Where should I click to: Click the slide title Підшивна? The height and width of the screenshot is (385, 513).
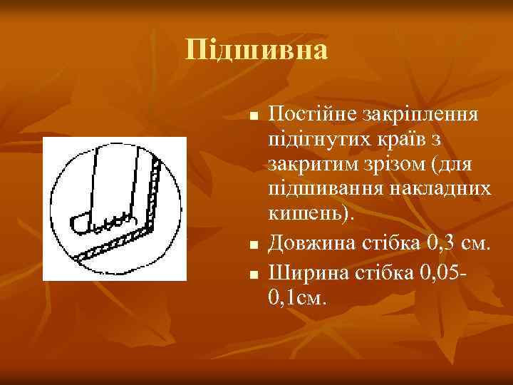(256, 51)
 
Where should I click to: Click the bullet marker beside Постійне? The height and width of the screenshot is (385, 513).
(253, 116)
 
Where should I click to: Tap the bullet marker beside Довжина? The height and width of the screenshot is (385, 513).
(253, 246)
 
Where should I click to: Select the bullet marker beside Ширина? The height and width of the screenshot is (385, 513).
(253, 272)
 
